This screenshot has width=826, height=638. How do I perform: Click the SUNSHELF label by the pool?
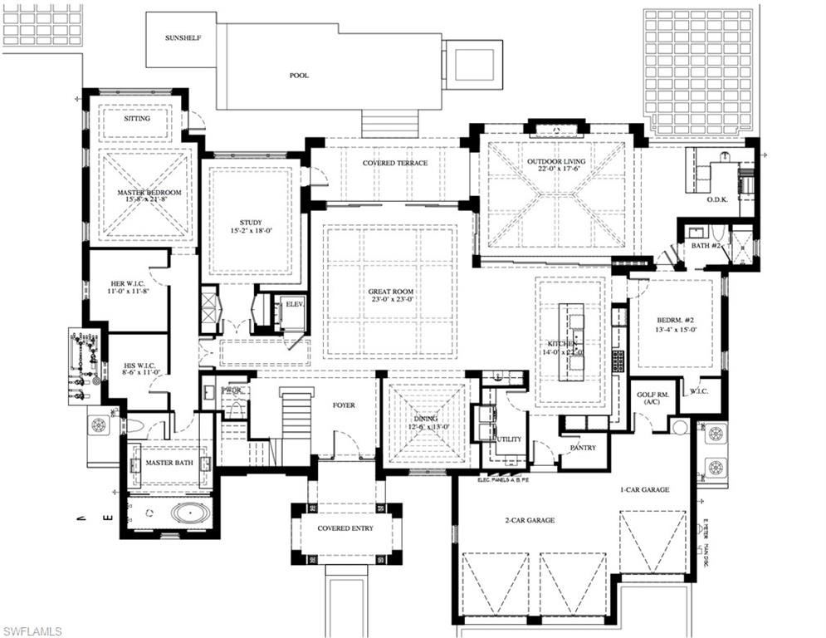[183, 38]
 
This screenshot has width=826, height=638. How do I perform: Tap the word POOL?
[299, 76]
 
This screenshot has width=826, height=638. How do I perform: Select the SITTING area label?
[137, 119]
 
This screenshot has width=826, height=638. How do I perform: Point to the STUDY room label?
[251, 223]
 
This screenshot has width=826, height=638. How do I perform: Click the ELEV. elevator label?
[296, 304]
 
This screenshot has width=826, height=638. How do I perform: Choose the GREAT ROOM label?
[391, 292]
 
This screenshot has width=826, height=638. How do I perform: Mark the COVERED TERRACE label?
[395, 163]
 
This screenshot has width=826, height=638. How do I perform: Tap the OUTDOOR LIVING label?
[556, 161]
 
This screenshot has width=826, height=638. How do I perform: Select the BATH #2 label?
[695, 246]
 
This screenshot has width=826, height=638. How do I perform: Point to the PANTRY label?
[583, 448]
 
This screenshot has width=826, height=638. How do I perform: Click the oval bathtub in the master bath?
[191, 512]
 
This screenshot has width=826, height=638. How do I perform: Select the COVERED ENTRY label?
[345, 528]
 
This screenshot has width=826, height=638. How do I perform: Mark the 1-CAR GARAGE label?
[644, 490]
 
